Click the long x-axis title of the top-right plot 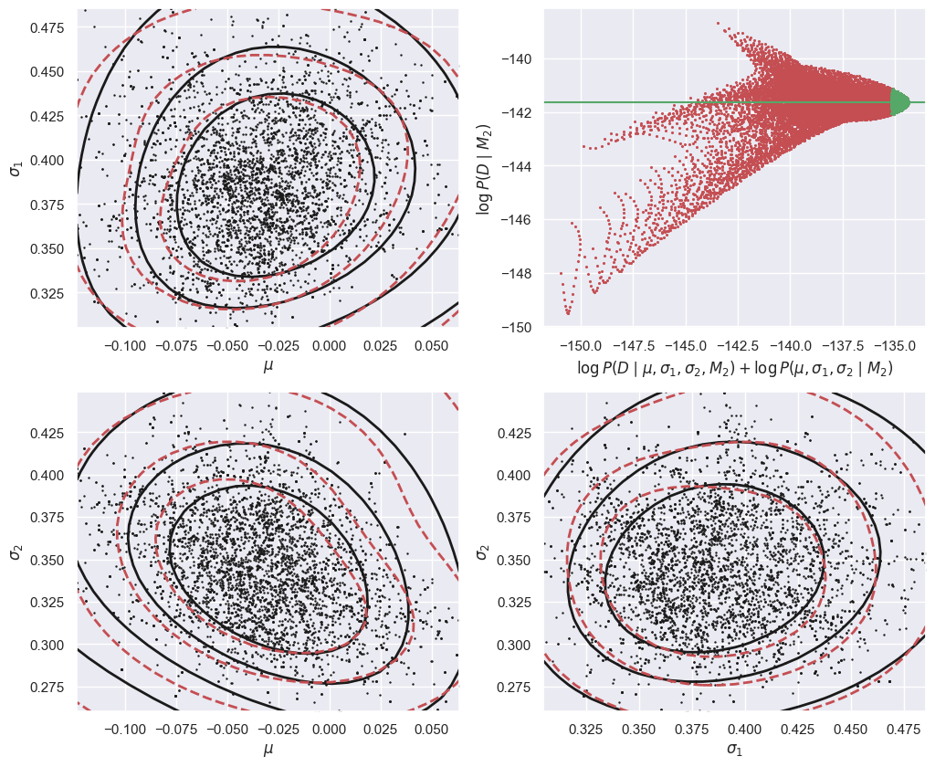click(x=734, y=369)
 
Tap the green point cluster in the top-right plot click(x=898, y=101)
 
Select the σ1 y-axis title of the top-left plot click(x=16, y=165)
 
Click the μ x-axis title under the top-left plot click(x=268, y=366)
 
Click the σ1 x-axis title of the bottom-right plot click(x=734, y=750)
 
